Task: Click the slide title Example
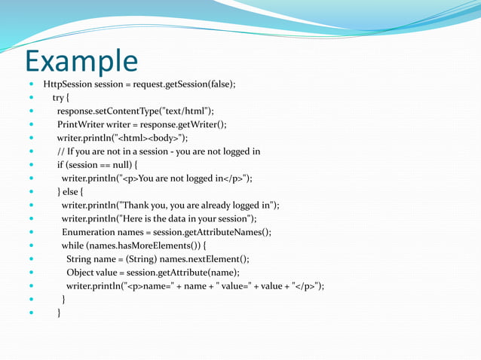click(x=81, y=60)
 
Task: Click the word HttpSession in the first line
click(x=68, y=84)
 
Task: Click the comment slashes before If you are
click(x=60, y=151)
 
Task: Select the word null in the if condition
click(x=123, y=165)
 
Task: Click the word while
click(x=72, y=246)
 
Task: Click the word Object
click(x=81, y=272)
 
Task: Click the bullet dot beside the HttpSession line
click(x=32, y=84)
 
